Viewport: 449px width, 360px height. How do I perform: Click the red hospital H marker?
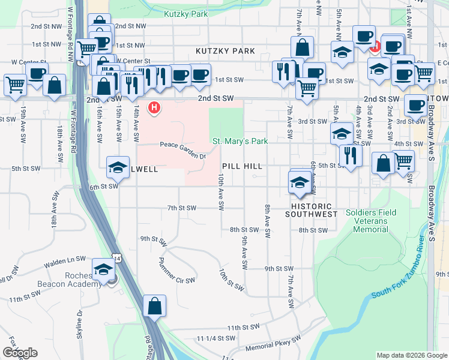click(155, 108)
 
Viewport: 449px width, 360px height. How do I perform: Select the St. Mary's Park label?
click(240, 142)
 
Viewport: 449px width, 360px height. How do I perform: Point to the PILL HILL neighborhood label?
click(243, 166)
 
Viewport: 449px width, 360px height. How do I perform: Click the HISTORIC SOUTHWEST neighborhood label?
click(311, 210)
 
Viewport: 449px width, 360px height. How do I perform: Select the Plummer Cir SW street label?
click(176, 271)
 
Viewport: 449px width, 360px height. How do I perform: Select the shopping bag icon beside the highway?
click(155, 305)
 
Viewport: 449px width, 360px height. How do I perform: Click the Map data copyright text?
click(411, 355)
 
